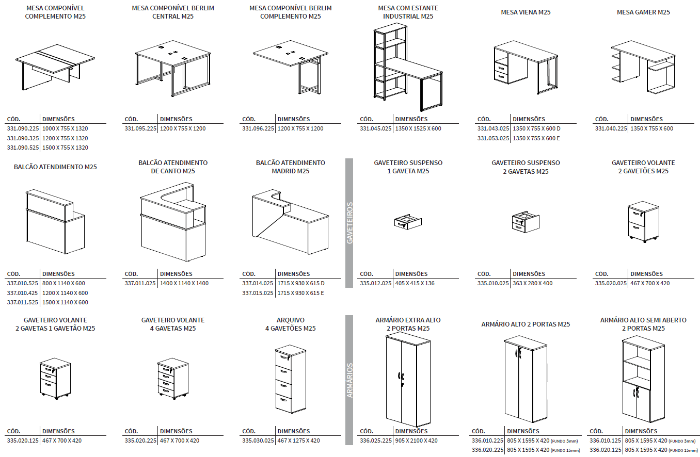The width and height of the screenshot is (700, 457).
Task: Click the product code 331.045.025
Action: (x=375, y=128)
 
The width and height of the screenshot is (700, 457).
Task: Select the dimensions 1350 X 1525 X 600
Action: (x=418, y=128)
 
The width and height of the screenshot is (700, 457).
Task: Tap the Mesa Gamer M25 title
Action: (x=643, y=12)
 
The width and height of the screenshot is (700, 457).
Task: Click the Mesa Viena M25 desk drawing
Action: (x=525, y=68)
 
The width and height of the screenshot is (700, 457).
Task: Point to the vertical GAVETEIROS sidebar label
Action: (x=349, y=223)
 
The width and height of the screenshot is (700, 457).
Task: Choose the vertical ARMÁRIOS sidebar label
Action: (x=349, y=380)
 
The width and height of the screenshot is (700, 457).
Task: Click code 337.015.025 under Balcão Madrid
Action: (x=258, y=293)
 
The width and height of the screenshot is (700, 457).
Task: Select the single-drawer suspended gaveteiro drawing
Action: (x=408, y=222)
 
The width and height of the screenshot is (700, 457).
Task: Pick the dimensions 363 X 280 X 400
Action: (x=533, y=283)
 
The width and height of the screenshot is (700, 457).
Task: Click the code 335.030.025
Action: (x=258, y=440)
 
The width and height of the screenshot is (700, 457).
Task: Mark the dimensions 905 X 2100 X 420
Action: (x=416, y=440)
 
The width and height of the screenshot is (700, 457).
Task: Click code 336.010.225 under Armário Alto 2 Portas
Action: (x=487, y=440)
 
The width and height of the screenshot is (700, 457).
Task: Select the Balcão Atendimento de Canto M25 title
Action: (x=173, y=167)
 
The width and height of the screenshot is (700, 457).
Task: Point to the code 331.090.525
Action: (x=23, y=148)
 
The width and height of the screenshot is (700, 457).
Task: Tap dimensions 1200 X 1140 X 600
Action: (x=65, y=293)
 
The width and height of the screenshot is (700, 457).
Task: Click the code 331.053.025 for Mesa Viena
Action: (x=493, y=138)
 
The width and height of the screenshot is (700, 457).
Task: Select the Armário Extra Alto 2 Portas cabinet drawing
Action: (x=408, y=379)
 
